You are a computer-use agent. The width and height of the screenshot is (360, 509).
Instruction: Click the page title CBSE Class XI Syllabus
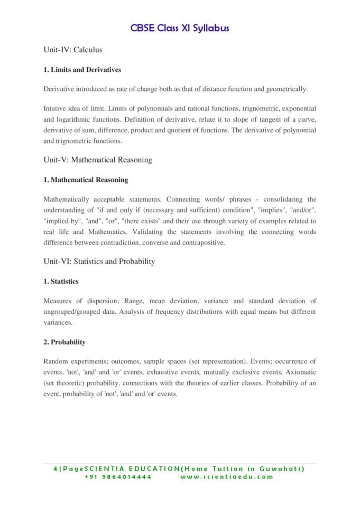click(180, 28)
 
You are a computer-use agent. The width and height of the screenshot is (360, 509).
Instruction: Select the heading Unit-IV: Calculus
click(72, 50)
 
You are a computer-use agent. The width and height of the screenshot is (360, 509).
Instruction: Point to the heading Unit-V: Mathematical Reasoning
click(98, 160)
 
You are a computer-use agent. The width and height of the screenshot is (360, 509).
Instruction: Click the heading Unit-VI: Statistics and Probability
click(99, 261)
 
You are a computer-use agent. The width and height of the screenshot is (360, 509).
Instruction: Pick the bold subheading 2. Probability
click(64, 342)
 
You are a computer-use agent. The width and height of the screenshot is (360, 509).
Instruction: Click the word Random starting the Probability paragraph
click(57, 361)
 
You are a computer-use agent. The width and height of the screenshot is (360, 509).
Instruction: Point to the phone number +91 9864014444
click(118, 477)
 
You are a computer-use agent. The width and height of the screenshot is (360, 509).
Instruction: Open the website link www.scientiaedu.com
click(227, 477)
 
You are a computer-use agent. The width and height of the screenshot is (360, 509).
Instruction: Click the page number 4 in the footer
click(56, 469)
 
